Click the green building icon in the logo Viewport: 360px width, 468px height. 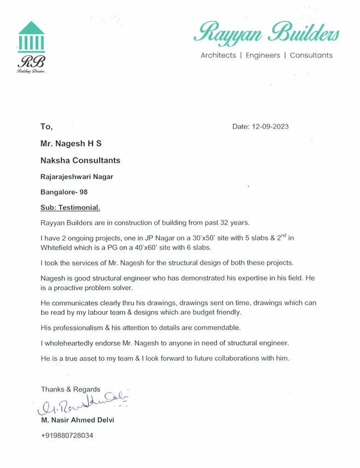pos(31,36)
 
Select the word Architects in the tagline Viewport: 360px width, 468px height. pos(218,55)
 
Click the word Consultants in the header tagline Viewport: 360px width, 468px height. pos(311,55)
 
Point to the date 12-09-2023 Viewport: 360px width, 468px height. pos(270,127)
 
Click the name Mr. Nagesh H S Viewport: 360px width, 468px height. pos(71,144)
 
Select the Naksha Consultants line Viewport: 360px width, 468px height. pos(80,161)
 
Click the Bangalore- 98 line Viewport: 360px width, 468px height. pos(64,192)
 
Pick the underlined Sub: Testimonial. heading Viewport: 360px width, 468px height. pos(71,208)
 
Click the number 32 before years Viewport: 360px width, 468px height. pos(220,223)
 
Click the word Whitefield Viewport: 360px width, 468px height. pos(59,248)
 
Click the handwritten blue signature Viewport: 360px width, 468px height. pos(82,404)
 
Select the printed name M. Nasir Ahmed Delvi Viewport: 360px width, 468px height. pos(78,421)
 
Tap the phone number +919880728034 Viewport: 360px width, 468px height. pos(67,436)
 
